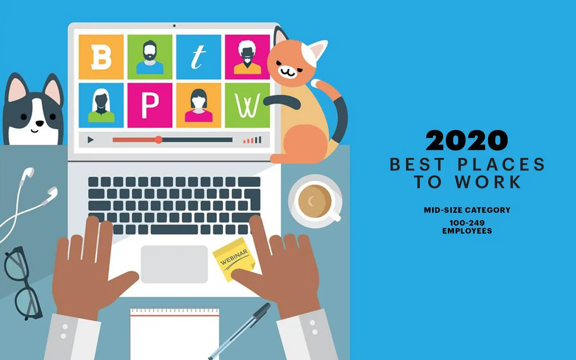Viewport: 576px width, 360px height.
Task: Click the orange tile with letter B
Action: pyautogui.click(x=101, y=57)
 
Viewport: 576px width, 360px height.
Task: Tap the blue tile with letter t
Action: pyautogui.click(x=198, y=57)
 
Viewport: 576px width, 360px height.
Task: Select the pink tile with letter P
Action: pyautogui.click(x=150, y=105)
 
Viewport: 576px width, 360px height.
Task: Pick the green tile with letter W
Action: pyautogui.click(x=247, y=105)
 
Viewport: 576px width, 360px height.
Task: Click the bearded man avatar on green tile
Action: pyautogui.click(x=150, y=57)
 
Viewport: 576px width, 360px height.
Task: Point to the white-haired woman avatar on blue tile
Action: pyautogui.click(x=101, y=105)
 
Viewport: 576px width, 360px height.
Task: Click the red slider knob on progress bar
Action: pyautogui.click(x=159, y=140)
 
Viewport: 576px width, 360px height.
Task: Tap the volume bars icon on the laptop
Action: pyautogui.click(x=252, y=140)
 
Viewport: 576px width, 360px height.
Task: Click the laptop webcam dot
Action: pyautogui.click(x=174, y=26)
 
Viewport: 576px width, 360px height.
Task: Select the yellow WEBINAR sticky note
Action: pyautogui.click(x=234, y=259)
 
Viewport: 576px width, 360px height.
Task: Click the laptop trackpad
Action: pyautogui.click(x=174, y=264)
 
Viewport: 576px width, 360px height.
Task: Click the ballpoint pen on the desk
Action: pyautogui.click(x=239, y=331)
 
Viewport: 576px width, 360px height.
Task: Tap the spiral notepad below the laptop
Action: pyautogui.click(x=175, y=334)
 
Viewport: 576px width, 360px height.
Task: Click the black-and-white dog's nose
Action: pyautogui.click(x=39, y=123)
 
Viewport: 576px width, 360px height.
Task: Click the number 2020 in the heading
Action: pyautogui.click(x=467, y=140)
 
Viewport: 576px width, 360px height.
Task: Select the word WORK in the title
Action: pyautogui.click(x=488, y=182)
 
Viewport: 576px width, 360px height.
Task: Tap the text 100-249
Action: pyautogui.click(x=467, y=223)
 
